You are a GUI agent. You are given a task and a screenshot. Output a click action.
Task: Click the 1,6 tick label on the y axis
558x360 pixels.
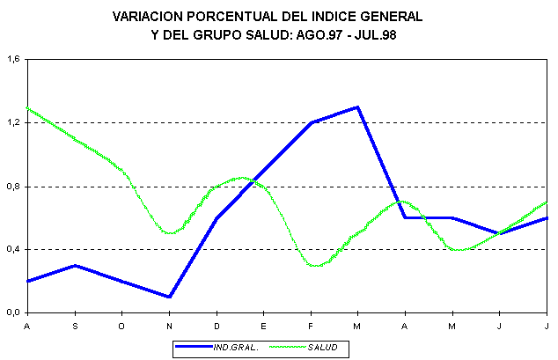(x=12, y=60)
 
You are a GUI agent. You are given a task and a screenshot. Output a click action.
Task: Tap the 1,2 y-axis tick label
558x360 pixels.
(x=12, y=123)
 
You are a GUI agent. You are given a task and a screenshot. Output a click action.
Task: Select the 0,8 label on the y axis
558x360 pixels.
(x=12, y=187)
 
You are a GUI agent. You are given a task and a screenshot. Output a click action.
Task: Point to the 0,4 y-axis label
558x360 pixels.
(x=12, y=250)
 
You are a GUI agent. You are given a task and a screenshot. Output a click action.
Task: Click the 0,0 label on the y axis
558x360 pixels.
(x=12, y=312)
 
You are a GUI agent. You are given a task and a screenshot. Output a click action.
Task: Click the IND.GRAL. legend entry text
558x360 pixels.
(x=236, y=348)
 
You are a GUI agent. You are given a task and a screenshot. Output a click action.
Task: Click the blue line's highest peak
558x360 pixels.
(x=358, y=107)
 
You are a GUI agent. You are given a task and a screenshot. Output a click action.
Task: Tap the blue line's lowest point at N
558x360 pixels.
(x=169, y=297)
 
